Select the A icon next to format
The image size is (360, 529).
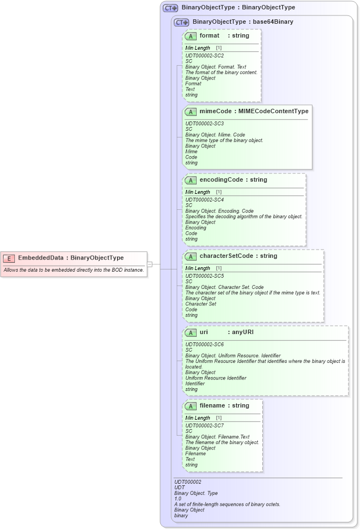(190, 36)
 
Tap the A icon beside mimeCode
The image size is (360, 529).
(190, 112)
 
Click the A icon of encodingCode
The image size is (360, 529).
(190, 180)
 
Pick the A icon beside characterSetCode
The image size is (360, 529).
(190, 256)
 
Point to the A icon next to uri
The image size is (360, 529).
(190, 332)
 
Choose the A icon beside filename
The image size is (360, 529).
(190, 406)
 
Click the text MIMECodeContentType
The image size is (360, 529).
(273, 112)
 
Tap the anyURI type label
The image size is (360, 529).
(243, 332)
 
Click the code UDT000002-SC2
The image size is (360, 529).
(204, 56)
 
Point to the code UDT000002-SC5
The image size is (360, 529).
(204, 276)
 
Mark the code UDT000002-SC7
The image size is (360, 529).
(204, 425)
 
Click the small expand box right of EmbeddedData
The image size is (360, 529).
(150, 264)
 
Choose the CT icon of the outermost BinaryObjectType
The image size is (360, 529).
(171, 8)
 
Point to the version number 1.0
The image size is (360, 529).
(178, 499)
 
